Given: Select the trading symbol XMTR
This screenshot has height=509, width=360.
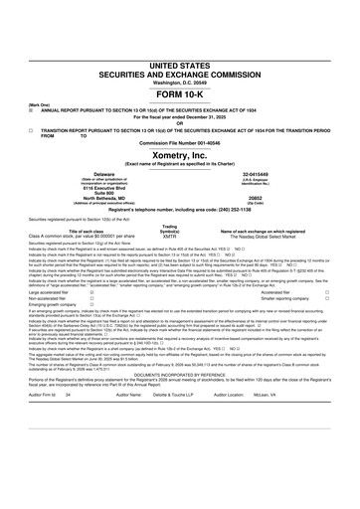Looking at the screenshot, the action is [170, 238].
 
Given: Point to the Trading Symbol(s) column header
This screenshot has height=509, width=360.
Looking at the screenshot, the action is [170, 230].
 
